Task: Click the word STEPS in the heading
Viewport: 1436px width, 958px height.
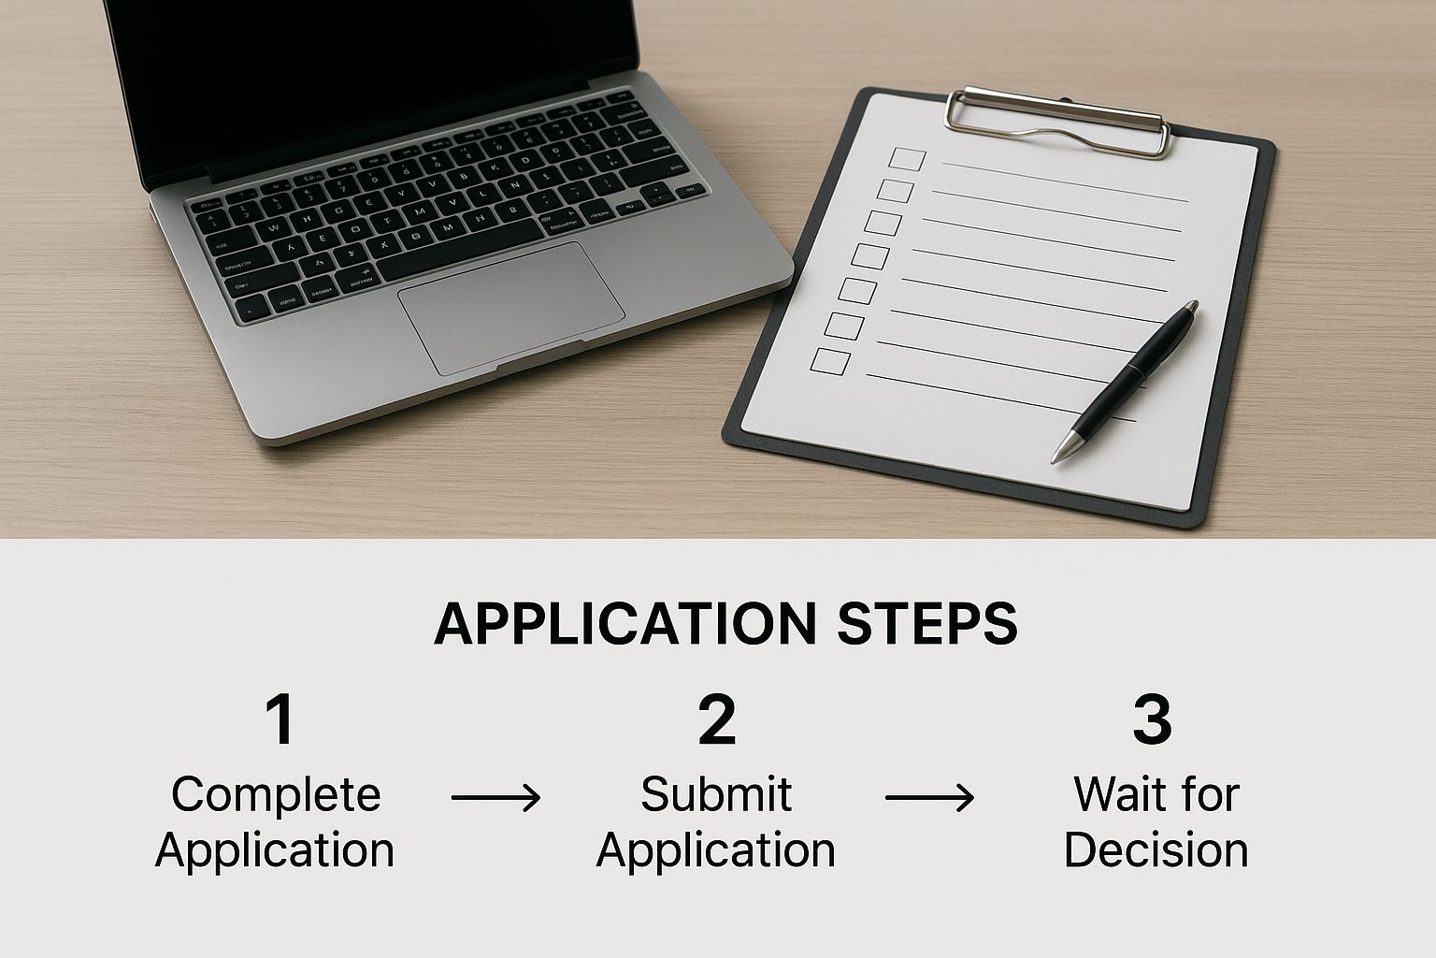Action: (x=927, y=623)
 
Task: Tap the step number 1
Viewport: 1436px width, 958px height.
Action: (x=280, y=719)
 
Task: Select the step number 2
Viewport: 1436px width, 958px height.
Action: (x=717, y=719)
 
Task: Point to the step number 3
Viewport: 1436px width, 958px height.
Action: (x=1152, y=719)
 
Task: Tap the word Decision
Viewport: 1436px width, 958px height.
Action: (x=1156, y=850)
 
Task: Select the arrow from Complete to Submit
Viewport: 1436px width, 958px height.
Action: (x=495, y=798)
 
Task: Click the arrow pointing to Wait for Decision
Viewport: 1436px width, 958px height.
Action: (x=929, y=798)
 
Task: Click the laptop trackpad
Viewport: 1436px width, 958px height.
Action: (x=511, y=308)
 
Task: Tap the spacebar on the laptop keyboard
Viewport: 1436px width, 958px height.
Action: (x=460, y=247)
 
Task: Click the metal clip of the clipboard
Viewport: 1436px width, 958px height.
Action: (x=1057, y=122)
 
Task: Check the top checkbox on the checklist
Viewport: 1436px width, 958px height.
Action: (x=907, y=159)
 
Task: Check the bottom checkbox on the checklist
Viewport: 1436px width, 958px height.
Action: (x=830, y=360)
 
